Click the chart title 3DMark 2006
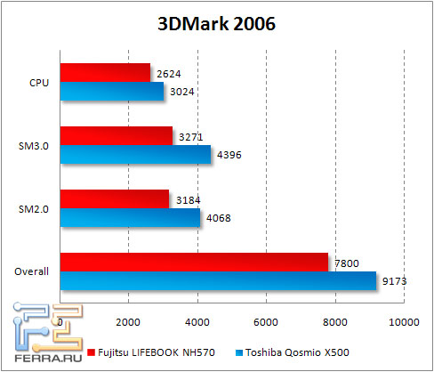[217, 24]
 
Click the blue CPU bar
[112, 91]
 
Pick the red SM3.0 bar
[116, 136]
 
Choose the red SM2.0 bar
[114, 198]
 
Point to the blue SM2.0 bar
[130, 216]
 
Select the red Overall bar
[194, 261]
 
